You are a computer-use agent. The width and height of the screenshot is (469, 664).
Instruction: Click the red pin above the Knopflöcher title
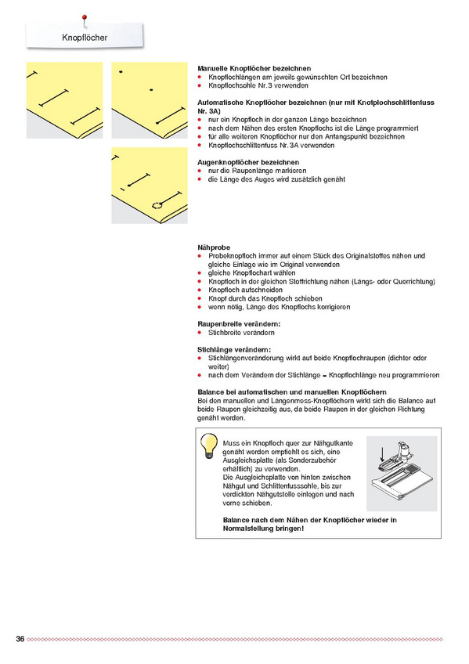coord(85,19)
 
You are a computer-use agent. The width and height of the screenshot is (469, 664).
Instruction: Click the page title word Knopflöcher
coord(85,38)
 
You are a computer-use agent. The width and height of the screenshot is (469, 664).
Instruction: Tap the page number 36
coord(20,639)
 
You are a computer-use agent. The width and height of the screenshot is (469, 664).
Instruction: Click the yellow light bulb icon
coord(209,446)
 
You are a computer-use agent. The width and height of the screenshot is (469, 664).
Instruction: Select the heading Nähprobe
coord(214,247)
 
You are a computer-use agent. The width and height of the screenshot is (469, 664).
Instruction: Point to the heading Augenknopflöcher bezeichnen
coord(248,162)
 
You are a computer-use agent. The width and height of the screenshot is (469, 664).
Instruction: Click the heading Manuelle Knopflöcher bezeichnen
coord(254,69)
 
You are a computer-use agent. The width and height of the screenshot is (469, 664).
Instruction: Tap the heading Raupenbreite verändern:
coord(239,324)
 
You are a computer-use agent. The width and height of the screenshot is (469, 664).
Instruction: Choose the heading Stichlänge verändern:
coord(234,350)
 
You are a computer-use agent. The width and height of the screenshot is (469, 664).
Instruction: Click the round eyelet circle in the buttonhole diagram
coord(157,206)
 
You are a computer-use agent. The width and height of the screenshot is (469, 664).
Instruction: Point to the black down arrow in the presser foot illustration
coord(382,455)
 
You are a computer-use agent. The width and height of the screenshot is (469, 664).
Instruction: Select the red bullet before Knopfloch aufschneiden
coord(200,290)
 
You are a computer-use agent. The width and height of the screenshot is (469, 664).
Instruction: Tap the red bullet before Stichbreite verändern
coord(200,333)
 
